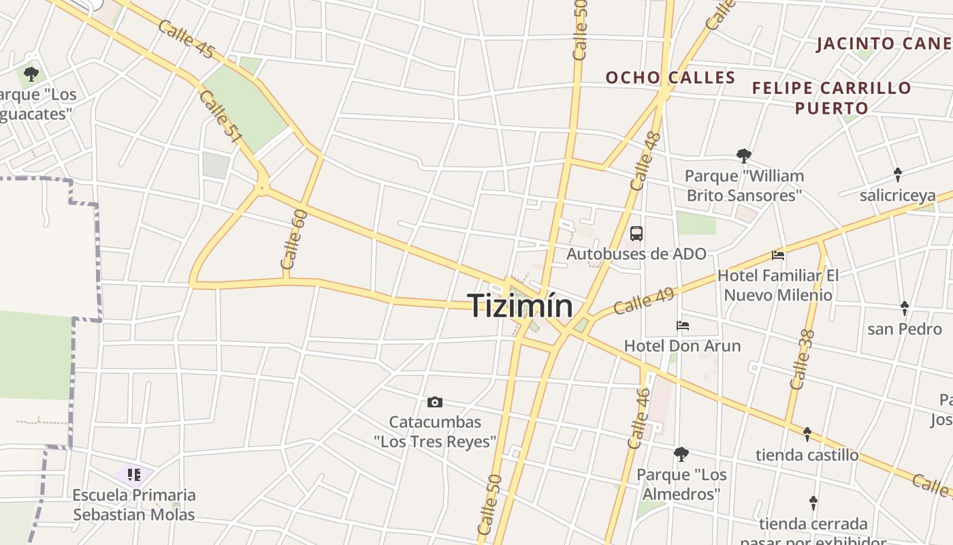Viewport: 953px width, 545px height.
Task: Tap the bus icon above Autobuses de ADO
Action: point(636,234)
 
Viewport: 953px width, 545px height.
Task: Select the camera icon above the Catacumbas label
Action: point(434,403)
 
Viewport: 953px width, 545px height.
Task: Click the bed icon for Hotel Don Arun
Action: point(683,326)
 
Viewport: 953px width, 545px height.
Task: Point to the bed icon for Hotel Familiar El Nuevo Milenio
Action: point(778,255)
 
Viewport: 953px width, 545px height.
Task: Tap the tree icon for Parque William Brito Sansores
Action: point(743,156)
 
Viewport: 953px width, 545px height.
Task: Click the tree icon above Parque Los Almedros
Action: point(681,454)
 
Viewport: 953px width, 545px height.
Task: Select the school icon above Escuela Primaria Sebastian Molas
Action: point(133,474)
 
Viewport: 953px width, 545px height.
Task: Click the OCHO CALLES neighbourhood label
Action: point(671,78)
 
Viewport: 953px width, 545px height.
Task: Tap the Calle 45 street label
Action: point(186,40)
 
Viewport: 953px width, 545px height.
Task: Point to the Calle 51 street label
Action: point(222,117)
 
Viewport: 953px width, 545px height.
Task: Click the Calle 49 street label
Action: point(643,301)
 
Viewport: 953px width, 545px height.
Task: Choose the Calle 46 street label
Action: point(639,418)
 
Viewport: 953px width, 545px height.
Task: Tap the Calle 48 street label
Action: point(645,161)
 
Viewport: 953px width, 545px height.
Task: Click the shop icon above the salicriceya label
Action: point(897,174)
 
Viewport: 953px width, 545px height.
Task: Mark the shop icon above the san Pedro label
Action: point(904,309)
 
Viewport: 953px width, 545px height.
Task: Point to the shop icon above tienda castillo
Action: point(807,434)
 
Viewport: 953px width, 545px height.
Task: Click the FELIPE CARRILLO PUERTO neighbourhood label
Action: point(831,97)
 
